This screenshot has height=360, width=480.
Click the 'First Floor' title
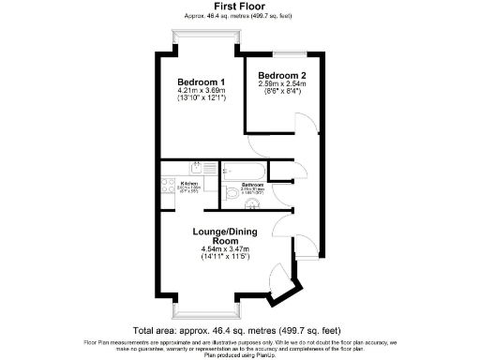coord(239,7)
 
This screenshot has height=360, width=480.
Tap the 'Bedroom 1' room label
coord(201,82)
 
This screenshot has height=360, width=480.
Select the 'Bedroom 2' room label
coord(280,75)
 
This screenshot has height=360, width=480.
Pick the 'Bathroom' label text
coord(253,185)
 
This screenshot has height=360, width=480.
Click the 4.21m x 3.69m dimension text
coord(202,91)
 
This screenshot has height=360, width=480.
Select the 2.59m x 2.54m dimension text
coord(281,83)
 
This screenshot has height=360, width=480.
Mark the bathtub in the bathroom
coord(242,171)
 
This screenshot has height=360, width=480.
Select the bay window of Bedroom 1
coord(202,35)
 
